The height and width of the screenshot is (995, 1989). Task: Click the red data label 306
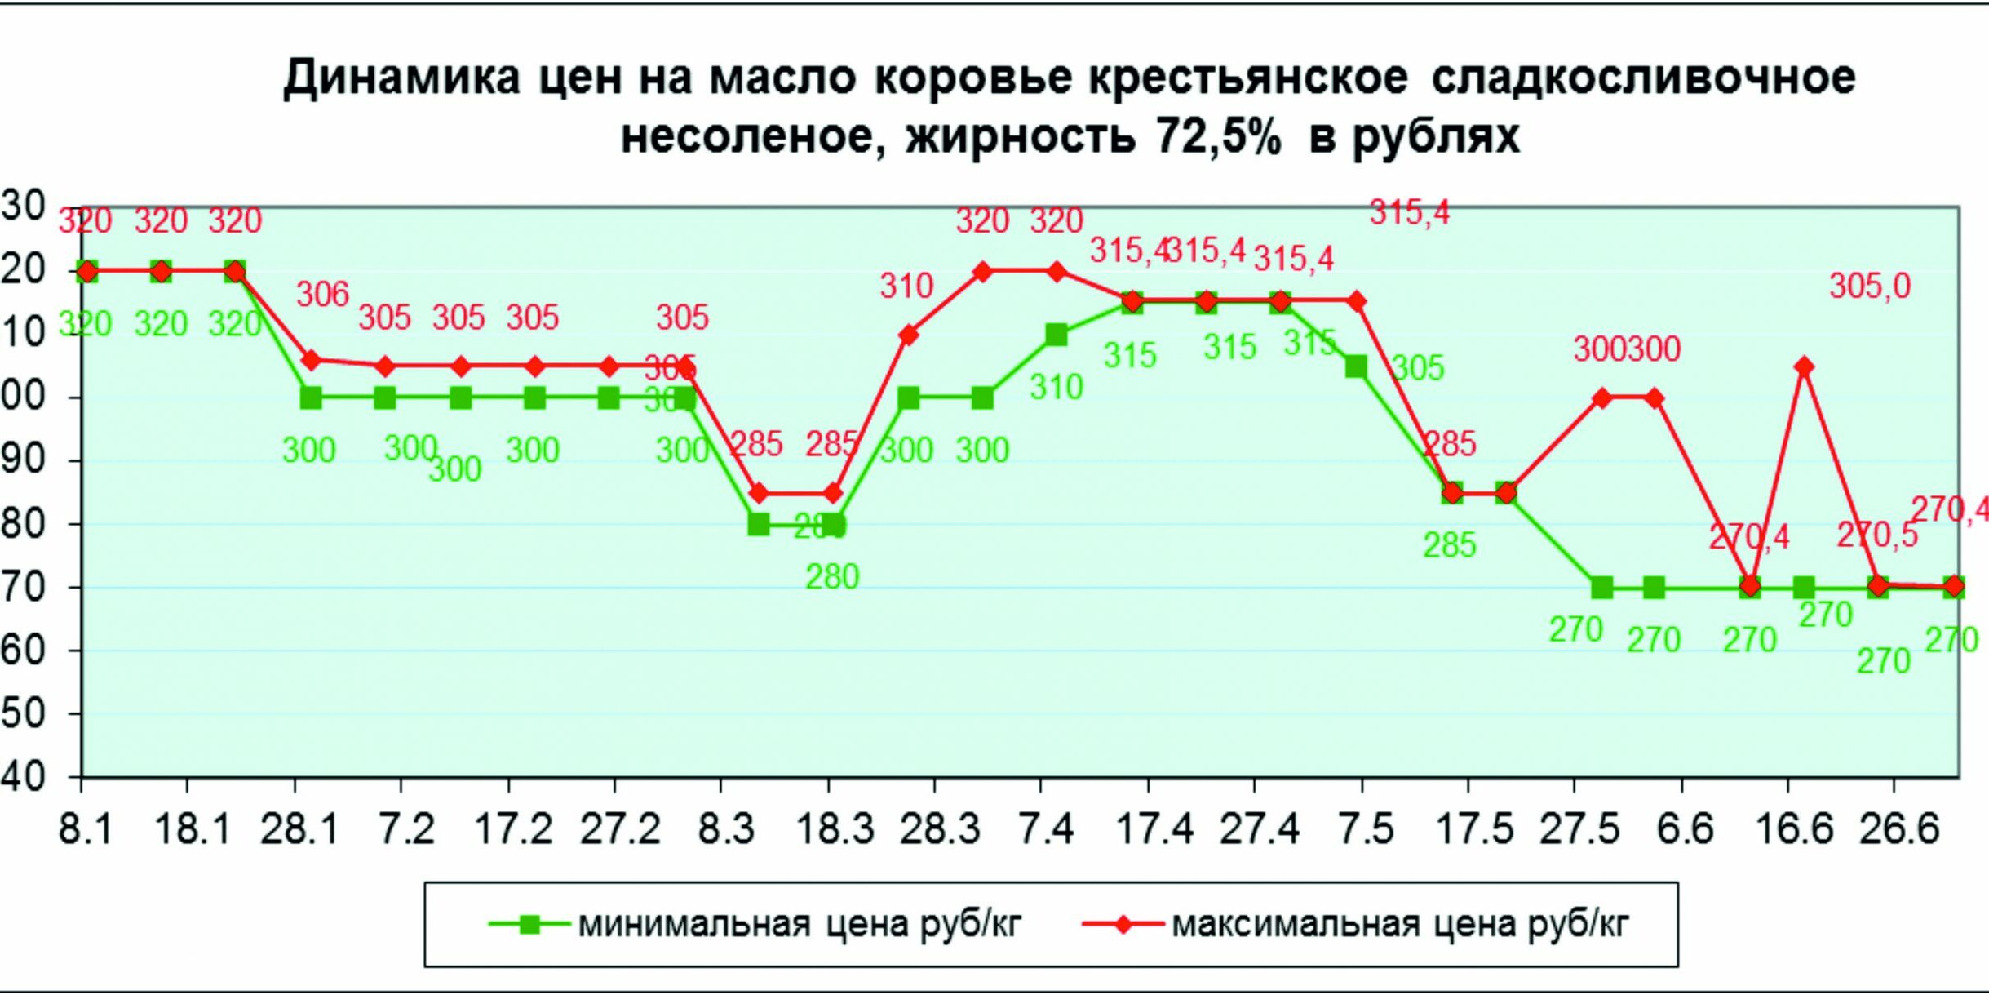322,295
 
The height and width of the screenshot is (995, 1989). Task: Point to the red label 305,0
1869,287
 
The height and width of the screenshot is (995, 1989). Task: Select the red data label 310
906,287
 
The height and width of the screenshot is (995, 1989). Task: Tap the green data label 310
1056,388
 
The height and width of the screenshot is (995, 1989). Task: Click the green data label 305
1418,369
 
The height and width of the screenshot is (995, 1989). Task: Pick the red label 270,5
1876,535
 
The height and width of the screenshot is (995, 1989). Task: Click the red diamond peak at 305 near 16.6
1804,366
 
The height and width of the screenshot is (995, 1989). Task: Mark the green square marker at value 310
1056,335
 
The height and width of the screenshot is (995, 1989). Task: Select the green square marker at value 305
1356,366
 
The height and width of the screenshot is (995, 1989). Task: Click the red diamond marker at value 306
310,360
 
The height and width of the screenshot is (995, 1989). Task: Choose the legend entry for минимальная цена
755,925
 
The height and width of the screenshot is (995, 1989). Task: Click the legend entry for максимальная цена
1354,925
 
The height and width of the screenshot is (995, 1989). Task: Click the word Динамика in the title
401,78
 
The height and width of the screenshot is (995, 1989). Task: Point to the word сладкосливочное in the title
1643,78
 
